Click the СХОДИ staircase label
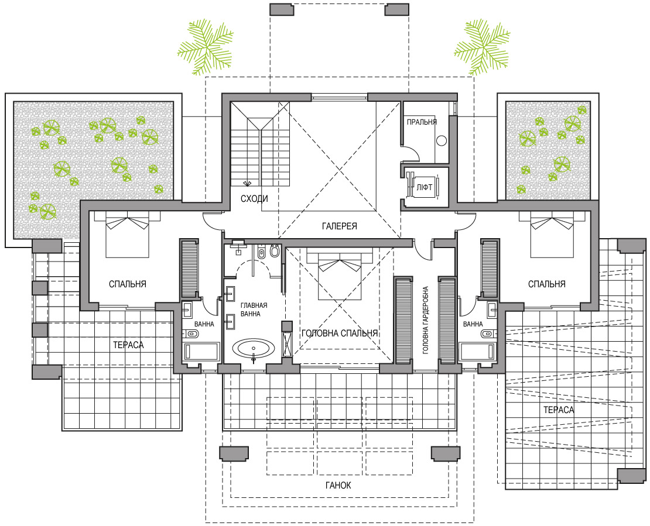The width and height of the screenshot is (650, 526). (254, 199)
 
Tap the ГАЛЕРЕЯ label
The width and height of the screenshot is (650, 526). (340, 226)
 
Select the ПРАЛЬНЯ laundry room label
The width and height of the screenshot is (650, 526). (422, 122)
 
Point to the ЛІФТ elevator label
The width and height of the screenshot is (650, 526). (425, 187)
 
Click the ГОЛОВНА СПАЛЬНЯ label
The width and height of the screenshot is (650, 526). (340, 334)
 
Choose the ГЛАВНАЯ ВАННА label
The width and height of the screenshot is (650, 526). (254, 310)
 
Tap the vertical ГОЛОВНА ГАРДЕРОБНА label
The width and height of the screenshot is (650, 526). (426, 321)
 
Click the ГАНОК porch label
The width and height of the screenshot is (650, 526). (338, 486)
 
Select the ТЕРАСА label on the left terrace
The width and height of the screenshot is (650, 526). (128, 345)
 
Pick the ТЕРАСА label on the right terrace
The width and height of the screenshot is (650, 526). (559, 410)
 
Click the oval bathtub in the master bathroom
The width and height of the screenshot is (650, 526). (253, 349)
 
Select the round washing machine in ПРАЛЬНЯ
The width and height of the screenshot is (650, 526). (442, 141)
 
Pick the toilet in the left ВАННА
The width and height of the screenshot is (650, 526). (192, 333)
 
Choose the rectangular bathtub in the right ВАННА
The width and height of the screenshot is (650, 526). (478, 352)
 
